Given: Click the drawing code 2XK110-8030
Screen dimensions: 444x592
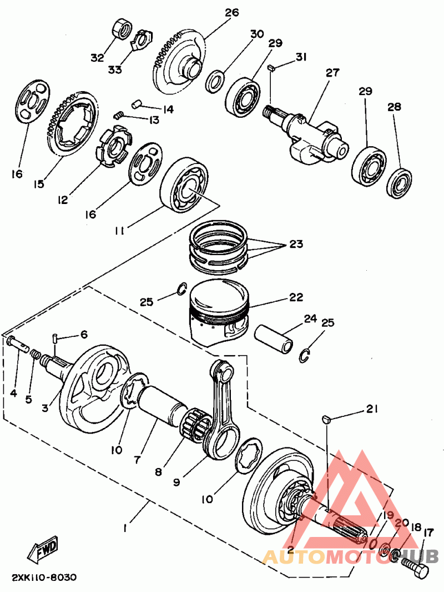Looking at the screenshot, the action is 44,578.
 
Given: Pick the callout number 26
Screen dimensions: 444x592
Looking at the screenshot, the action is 232,12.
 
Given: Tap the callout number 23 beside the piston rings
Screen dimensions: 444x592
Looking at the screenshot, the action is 296,244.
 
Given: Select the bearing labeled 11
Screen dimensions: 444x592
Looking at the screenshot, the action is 184,185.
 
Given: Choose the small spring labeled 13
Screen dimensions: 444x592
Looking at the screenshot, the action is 119,115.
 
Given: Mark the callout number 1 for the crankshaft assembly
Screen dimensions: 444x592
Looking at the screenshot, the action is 125,528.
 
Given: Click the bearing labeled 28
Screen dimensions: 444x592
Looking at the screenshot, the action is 400,184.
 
